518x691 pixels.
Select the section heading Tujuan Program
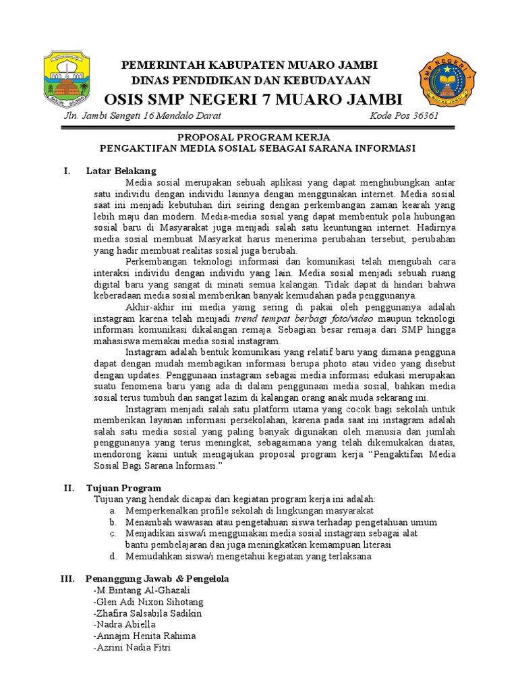tap(123, 488)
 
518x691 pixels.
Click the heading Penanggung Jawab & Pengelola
tap(157, 579)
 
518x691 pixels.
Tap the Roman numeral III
tap(67, 579)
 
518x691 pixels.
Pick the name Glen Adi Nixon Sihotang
tap(148, 602)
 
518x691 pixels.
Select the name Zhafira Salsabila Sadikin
tap(148, 613)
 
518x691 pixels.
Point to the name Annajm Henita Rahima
tap(144, 636)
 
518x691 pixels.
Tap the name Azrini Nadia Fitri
tap(132, 648)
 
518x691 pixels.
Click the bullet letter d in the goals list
tap(111, 557)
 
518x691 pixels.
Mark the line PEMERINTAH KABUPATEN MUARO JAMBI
tap(249, 64)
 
